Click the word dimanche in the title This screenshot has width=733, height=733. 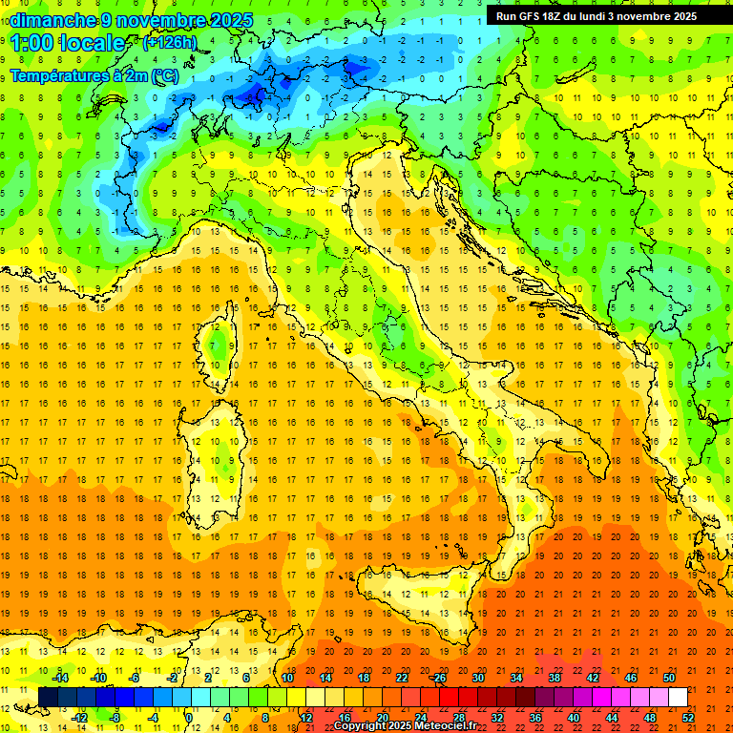click(x=52, y=20)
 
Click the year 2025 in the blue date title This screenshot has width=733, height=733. click(x=229, y=20)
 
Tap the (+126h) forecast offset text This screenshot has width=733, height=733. click(x=170, y=42)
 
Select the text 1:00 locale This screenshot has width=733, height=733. click(x=68, y=43)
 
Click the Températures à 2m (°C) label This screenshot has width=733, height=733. click(x=94, y=74)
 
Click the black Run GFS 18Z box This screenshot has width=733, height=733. click(x=597, y=15)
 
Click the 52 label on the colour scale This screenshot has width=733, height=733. click(x=688, y=717)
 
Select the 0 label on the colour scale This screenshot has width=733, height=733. click(x=188, y=717)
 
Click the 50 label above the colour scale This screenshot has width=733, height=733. click(x=669, y=678)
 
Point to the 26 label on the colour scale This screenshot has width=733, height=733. click(x=439, y=678)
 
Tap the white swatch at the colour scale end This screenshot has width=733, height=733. click(x=678, y=698)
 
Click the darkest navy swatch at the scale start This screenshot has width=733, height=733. click(x=48, y=698)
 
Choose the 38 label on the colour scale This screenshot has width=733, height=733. click(x=555, y=678)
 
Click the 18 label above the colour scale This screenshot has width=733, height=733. click(x=363, y=678)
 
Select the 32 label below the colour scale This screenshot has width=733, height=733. click(x=496, y=717)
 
